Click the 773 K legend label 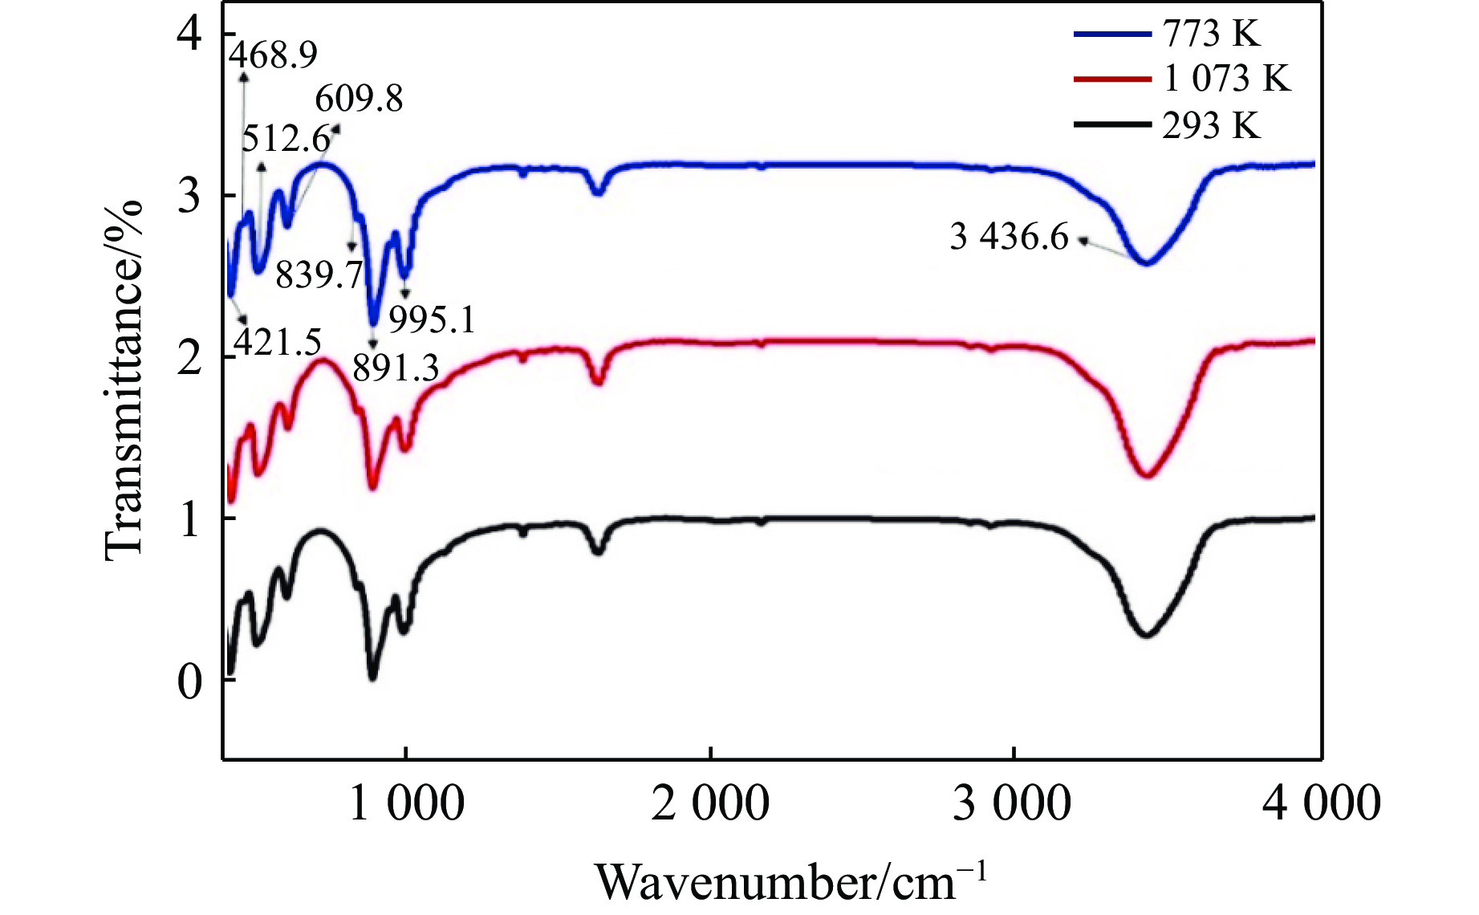(x=1211, y=34)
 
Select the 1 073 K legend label (x=1226, y=79)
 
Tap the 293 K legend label (x=1211, y=125)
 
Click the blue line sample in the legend (x=1111, y=34)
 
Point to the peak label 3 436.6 (x=1009, y=237)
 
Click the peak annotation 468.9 (x=274, y=55)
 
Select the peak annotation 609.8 (x=359, y=99)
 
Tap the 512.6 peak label (x=286, y=139)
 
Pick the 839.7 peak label (x=319, y=275)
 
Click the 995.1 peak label (x=432, y=320)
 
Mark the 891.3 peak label (x=396, y=368)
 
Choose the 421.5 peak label (x=278, y=343)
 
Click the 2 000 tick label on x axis (x=710, y=803)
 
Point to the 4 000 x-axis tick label (x=1321, y=803)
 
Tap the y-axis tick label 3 (x=189, y=195)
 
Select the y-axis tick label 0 (x=189, y=681)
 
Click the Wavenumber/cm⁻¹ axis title (x=790, y=881)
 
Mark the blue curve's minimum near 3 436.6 (x=1146, y=263)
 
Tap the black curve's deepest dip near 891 (x=372, y=678)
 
